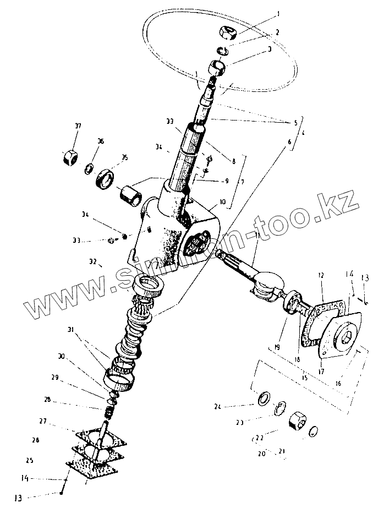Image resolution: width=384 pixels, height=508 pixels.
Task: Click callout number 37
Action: tap(78, 126)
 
